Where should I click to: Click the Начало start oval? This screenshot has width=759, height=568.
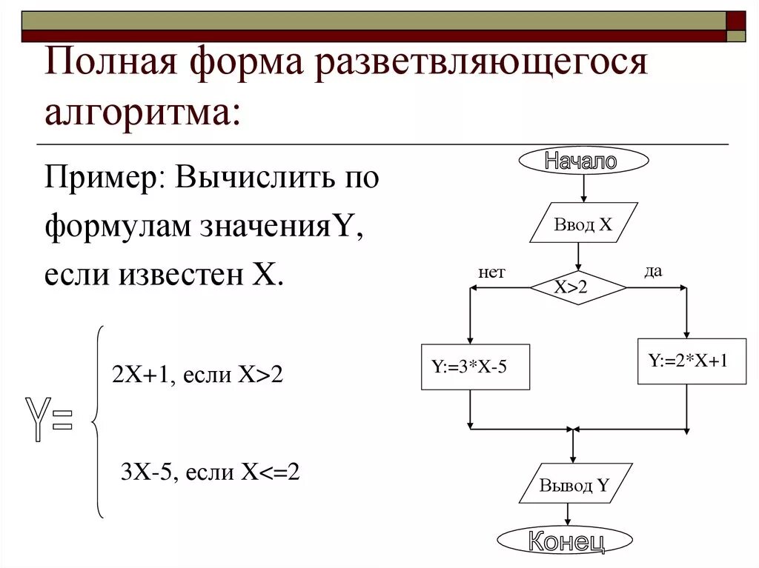(583, 160)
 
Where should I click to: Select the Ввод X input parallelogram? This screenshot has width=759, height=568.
(583, 223)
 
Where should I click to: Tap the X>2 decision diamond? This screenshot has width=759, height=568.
(577, 288)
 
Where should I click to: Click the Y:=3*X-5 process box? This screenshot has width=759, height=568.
(475, 367)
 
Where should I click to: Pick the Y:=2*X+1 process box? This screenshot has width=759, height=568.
(692, 361)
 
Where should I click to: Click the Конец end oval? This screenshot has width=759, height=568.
(565, 541)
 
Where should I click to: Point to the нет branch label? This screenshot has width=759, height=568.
(491, 273)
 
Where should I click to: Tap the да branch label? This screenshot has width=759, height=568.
(653, 272)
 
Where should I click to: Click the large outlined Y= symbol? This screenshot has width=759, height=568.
(50, 420)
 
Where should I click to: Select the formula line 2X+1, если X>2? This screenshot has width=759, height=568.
(197, 375)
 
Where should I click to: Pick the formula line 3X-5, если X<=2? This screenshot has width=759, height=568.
(210, 472)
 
